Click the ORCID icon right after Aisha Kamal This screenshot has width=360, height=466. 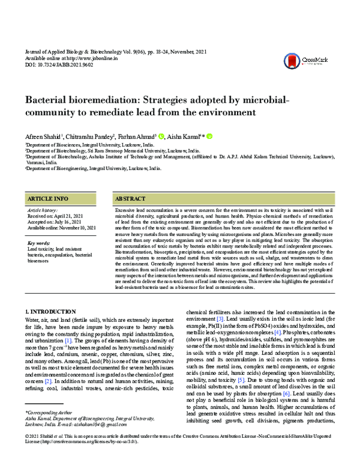210,137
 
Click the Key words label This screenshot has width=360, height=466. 39,243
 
